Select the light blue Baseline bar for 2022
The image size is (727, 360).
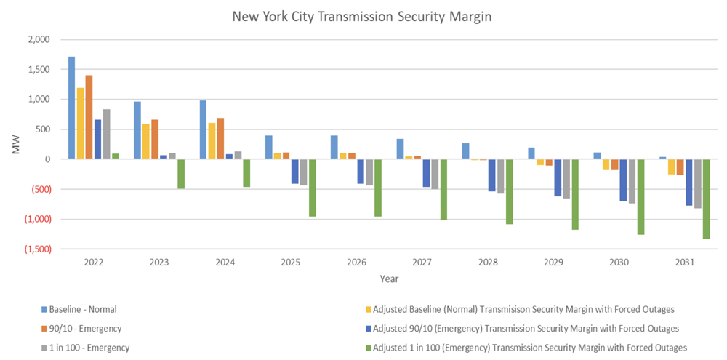[x=71, y=108]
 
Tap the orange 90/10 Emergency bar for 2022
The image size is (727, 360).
[x=89, y=117]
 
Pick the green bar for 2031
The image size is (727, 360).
[x=706, y=199]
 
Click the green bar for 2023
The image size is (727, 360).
[x=181, y=174]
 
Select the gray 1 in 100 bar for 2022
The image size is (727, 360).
[x=107, y=134]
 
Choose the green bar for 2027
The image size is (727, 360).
[x=443, y=189]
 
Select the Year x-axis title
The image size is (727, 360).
[x=388, y=278]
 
